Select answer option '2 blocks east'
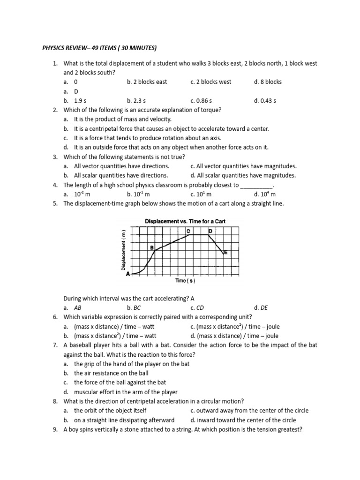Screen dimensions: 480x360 click(147, 82)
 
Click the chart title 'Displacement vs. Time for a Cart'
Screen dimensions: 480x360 click(185, 221)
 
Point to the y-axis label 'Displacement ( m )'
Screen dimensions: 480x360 click(124, 250)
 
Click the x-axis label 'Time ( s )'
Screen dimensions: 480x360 click(185, 281)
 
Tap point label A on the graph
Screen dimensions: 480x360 click(128, 275)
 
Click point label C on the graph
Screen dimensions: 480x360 click(188, 231)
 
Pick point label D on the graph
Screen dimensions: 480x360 click(210, 231)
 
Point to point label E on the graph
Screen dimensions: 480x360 click(225, 253)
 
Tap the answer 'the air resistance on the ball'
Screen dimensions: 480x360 click(111, 373)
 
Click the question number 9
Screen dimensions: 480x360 click(55, 429)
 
